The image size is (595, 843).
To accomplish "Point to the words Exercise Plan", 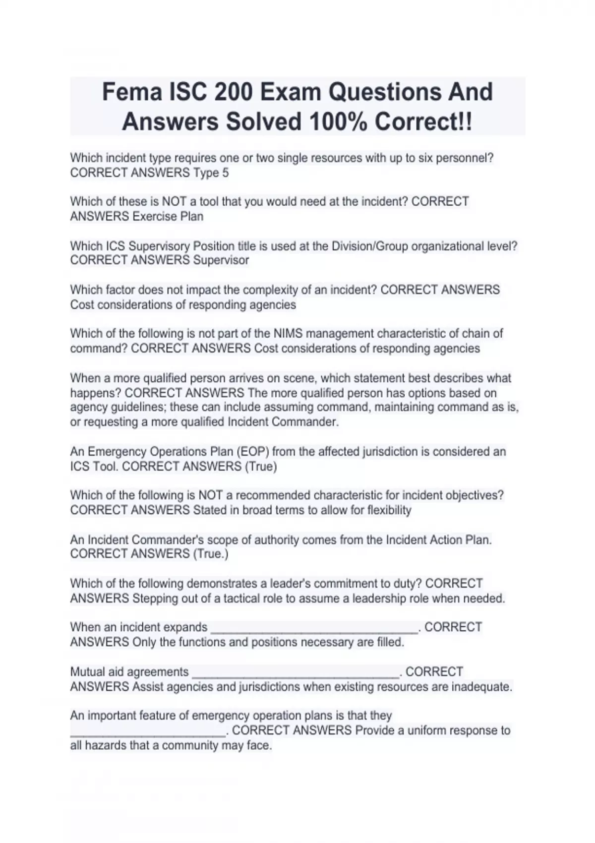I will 168,216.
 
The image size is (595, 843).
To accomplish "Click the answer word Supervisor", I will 221,260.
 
